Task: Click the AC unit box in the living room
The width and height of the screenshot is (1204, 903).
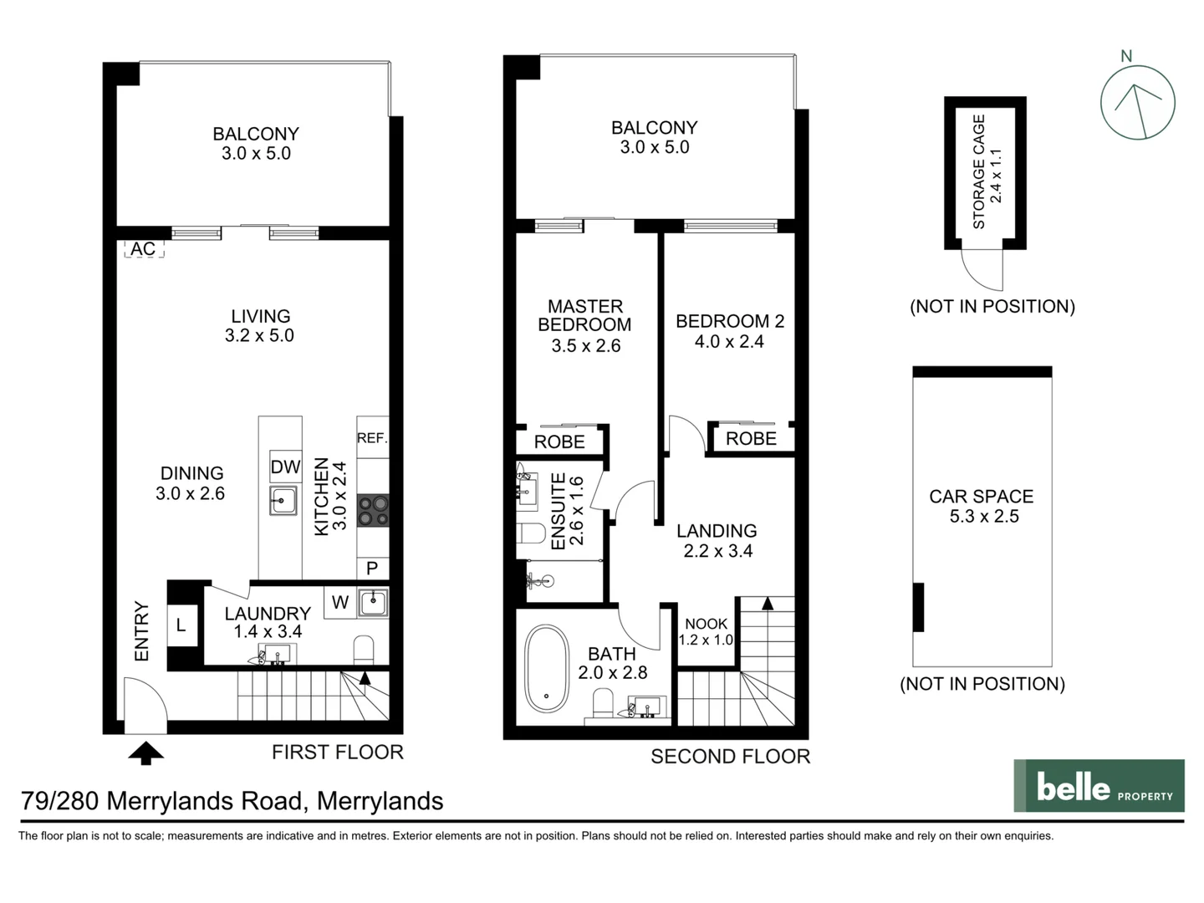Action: point(143,248)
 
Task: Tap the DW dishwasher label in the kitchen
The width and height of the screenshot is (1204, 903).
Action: point(284,467)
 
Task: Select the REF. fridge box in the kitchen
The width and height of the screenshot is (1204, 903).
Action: point(372,437)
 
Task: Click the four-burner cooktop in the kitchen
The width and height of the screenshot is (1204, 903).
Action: point(373,510)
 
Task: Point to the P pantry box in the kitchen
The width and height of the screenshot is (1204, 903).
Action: point(372,569)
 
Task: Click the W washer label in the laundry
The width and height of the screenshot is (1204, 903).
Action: point(340,602)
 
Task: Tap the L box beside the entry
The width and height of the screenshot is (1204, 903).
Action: point(181,625)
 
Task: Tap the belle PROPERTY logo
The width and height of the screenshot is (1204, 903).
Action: point(1099,786)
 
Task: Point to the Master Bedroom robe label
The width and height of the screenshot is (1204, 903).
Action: point(559,441)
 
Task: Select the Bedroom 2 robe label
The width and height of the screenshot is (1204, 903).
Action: point(751,438)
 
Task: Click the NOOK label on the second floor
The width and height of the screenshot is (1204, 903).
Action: point(706,624)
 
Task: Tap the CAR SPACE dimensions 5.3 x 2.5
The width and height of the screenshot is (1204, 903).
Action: point(983,517)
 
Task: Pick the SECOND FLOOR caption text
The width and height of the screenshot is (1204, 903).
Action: point(730,757)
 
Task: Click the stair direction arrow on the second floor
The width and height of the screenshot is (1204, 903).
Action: point(766,603)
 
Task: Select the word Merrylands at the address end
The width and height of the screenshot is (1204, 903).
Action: point(380,801)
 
